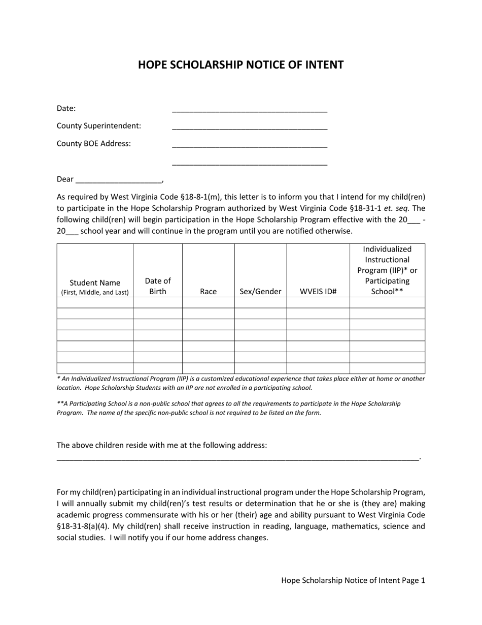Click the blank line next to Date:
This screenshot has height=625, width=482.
pos(250,109)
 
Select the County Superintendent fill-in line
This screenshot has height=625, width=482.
pos(250,127)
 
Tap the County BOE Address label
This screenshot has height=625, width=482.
pos(94,143)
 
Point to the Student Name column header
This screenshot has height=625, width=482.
pos(95,287)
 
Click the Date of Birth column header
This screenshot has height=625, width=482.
pos(158,286)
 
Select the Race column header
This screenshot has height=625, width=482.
pos(208,291)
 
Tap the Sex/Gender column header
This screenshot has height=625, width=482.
pos(260,291)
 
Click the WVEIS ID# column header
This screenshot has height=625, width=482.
pos(318,291)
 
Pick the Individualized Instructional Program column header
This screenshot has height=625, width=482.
pos(387,270)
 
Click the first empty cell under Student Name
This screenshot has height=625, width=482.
pos(95,303)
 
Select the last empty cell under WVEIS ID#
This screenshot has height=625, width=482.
pos(318,368)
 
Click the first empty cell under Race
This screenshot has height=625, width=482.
pos(208,303)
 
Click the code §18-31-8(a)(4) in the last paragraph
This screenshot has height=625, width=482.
pos(83,526)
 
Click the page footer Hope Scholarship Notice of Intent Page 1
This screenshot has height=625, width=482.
pos(353,580)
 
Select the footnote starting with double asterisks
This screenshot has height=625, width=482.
pos(228,408)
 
